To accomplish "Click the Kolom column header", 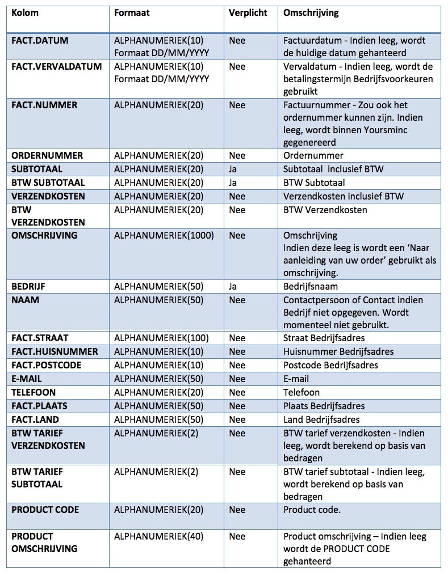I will pos(25,12).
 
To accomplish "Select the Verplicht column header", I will pos(248,12).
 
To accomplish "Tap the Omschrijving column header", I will pos(311,12).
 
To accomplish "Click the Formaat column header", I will pos(132,12).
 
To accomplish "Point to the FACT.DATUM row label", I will pos(40,40).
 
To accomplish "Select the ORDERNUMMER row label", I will pos(47,155).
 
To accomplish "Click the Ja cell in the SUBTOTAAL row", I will pos(233,169).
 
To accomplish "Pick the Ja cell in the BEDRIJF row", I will pos(233,286).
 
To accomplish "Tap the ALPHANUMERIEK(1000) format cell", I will pos(164,235).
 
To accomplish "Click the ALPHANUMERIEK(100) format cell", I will pos(161,338).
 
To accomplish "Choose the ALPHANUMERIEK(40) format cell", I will pos(158,536).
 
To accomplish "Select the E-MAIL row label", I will pos(27,379).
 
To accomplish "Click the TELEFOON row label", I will pos(34,392).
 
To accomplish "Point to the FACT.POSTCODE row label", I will pos(45,365).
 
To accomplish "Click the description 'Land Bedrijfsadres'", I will pos(321,419).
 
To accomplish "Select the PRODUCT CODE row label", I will pos(45,510).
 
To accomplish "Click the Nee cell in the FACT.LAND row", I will pos(237,419).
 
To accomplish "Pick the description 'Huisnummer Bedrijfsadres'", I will pos(338,351).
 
